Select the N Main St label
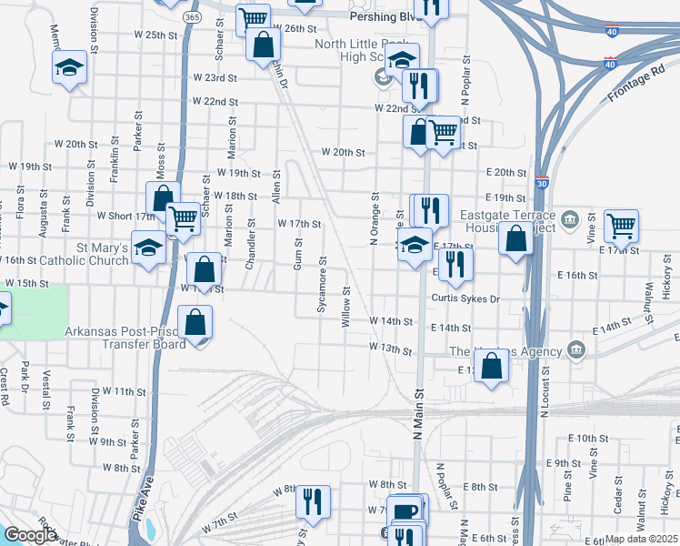[x=420, y=411]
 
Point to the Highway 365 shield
[x=191, y=16]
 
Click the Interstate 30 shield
[x=542, y=183]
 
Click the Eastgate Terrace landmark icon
[x=570, y=218]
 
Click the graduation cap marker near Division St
[x=69, y=67]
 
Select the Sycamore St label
[x=322, y=290]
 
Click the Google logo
[x=31, y=536]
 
